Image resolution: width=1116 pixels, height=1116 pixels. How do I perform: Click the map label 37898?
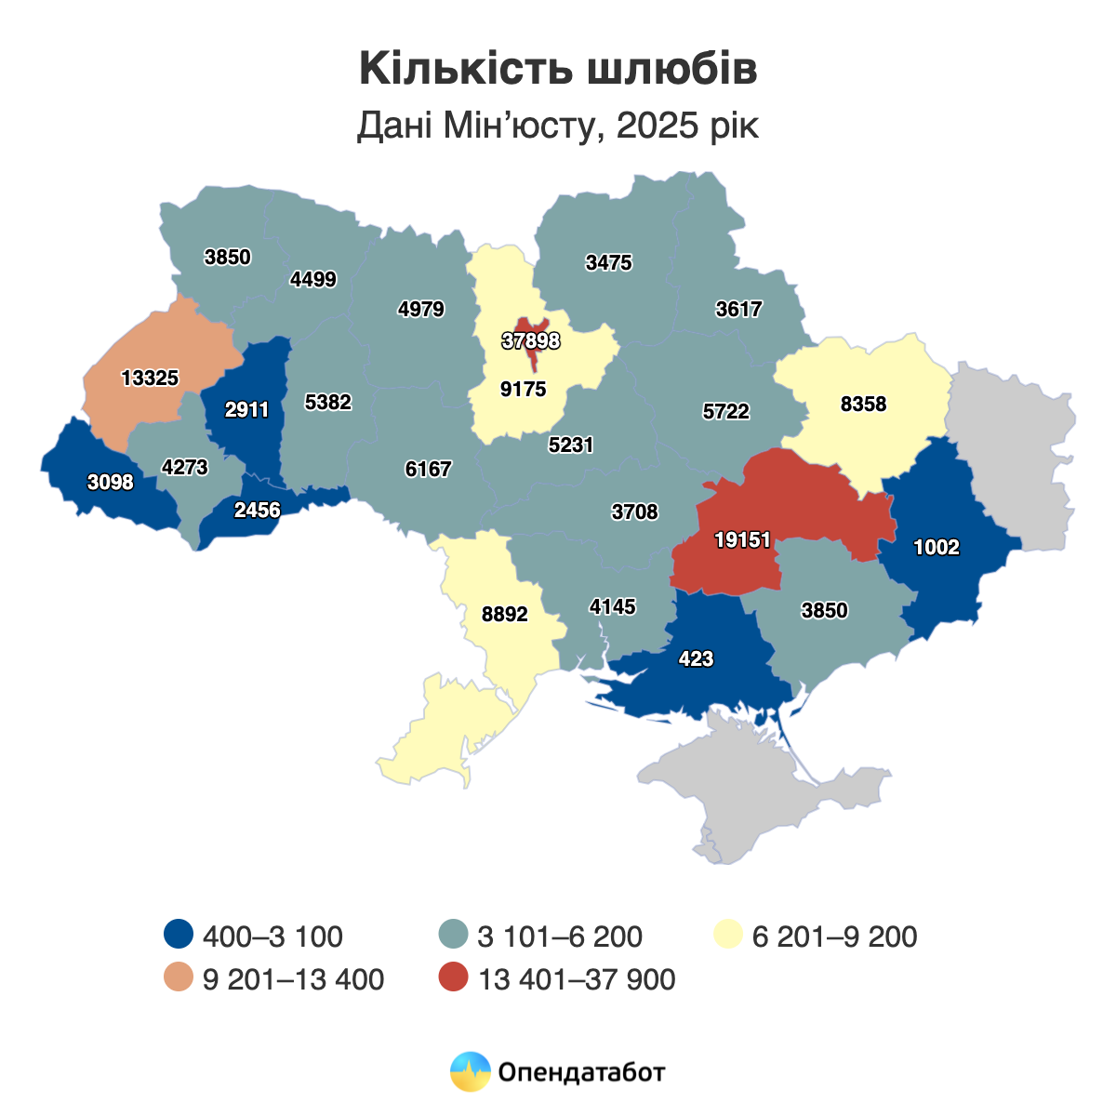pyautogui.click(x=531, y=341)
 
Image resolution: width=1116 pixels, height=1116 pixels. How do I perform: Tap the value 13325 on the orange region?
pyautogui.click(x=150, y=379)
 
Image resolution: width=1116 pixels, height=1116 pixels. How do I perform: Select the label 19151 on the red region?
pyautogui.click(x=743, y=539)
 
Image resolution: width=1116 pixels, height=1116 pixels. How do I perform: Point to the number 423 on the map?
pyautogui.click(x=696, y=659)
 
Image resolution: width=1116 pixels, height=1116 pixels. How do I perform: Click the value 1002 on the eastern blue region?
pyautogui.click(x=936, y=548)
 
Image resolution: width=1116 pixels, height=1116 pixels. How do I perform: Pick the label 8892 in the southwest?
pyautogui.click(x=505, y=615)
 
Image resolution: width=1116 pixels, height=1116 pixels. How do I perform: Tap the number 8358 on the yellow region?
pyautogui.click(x=863, y=405)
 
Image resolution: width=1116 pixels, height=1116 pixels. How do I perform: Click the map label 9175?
pyautogui.click(x=524, y=390)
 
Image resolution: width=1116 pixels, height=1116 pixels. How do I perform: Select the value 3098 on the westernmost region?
pyautogui.click(x=111, y=483)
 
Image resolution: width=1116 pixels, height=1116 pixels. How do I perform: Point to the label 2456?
pyautogui.click(x=258, y=510)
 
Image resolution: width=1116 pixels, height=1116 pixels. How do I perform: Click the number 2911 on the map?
pyautogui.click(x=247, y=410)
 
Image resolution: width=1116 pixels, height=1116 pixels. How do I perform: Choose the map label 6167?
pyautogui.click(x=429, y=470)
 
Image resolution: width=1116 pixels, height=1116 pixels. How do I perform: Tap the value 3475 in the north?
pyautogui.click(x=609, y=263)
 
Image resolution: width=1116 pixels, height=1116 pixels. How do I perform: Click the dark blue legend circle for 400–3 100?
pyautogui.click(x=177, y=936)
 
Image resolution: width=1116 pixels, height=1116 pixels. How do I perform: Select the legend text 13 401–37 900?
pyautogui.click(x=577, y=979)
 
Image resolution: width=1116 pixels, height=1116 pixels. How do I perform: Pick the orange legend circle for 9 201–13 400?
pyautogui.click(x=177, y=979)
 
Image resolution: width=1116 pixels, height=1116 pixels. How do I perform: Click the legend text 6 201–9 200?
pyautogui.click(x=834, y=937)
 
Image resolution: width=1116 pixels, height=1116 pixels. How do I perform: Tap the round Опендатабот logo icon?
pyautogui.click(x=470, y=1071)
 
